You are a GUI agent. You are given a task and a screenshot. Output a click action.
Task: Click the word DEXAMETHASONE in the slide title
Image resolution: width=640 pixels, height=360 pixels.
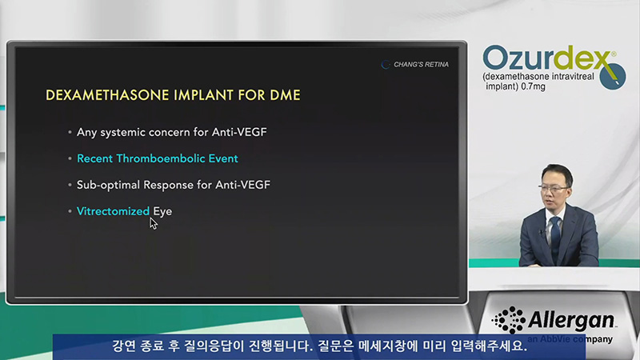click(x=107, y=95)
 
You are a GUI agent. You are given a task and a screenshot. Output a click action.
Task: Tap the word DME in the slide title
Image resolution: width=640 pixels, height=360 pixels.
click(x=285, y=95)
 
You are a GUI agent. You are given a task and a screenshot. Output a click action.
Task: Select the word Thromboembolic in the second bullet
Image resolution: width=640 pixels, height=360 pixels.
click(x=161, y=158)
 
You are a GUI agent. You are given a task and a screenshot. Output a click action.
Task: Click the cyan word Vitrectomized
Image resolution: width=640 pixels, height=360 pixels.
click(x=113, y=211)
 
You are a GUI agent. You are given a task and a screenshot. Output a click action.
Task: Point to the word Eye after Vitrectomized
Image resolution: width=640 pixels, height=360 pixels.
click(x=162, y=212)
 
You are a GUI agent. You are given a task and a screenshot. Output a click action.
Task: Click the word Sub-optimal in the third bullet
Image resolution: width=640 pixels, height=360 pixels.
click(x=108, y=186)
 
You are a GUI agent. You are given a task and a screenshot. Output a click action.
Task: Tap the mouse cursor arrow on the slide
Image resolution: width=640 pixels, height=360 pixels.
click(x=153, y=223)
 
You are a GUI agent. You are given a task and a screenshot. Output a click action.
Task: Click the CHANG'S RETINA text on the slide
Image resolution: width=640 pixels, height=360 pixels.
click(x=421, y=65)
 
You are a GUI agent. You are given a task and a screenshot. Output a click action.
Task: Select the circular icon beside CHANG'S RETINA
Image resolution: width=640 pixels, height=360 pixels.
click(x=386, y=65)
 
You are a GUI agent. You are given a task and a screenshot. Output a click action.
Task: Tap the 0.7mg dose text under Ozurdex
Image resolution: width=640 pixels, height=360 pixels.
click(x=533, y=86)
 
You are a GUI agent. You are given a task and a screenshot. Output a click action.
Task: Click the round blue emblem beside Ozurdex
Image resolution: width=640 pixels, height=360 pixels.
click(x=613, y=76)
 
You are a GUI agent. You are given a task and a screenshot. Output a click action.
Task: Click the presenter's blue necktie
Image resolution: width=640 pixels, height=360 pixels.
click(x=555, y=239)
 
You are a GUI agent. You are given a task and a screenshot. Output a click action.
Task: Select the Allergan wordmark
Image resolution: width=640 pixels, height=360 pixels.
click(x=571, y=321)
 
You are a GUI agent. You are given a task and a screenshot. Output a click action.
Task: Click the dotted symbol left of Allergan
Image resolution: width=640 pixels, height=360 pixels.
click(x=509, y=320)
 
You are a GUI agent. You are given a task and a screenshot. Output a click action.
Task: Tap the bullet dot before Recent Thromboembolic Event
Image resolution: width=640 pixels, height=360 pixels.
click(x=70, y=158)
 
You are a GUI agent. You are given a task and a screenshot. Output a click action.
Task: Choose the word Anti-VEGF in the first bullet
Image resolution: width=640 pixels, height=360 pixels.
click(x=239, y=132)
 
